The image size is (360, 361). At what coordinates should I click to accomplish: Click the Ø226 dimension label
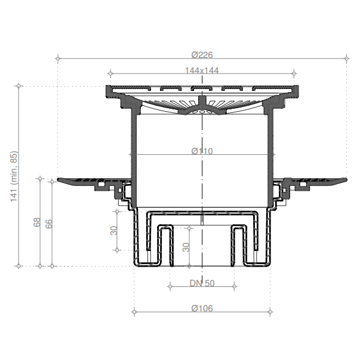(202, 55)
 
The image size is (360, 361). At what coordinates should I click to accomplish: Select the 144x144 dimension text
(202, 71)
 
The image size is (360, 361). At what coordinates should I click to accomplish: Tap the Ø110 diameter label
(202, 151)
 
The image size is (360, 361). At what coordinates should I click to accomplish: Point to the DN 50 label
(202, 283)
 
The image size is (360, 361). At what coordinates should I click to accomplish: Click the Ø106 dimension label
(202, 308)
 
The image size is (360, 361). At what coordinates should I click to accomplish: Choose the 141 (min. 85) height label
(14, 176)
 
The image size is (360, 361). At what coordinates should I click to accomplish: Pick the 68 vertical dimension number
(37, 222)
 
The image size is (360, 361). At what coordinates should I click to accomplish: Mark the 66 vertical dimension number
(49, 224)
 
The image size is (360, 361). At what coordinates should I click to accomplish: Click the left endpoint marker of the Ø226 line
(58, 59)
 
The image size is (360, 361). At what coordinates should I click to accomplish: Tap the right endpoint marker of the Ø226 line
(347, 59)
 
